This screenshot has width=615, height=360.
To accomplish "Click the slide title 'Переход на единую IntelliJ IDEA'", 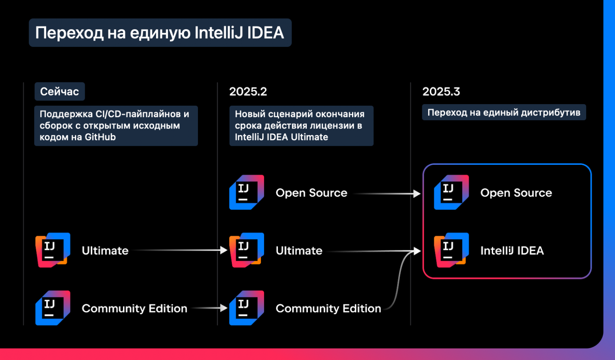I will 160,33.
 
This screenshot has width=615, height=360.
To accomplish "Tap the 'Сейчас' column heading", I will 60,91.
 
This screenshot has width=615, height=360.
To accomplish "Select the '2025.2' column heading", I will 248,91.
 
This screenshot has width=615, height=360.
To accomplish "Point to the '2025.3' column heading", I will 441,91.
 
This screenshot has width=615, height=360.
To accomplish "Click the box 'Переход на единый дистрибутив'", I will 503,112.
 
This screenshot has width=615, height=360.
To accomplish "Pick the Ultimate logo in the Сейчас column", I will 53,250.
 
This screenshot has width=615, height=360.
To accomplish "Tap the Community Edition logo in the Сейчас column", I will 53,308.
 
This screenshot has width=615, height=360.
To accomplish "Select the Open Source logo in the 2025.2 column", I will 247,192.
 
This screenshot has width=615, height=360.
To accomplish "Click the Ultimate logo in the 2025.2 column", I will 247,250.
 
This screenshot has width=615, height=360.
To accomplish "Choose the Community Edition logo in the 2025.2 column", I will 247,308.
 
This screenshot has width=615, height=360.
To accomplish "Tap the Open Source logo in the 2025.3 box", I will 451,192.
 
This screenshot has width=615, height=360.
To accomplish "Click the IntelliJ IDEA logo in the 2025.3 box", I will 451,250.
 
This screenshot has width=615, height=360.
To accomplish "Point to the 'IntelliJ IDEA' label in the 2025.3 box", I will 512,250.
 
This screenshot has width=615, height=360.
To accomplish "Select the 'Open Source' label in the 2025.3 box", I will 516,193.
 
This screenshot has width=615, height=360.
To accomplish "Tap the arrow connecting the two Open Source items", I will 386,194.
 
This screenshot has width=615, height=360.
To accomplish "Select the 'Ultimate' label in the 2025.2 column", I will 299,250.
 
